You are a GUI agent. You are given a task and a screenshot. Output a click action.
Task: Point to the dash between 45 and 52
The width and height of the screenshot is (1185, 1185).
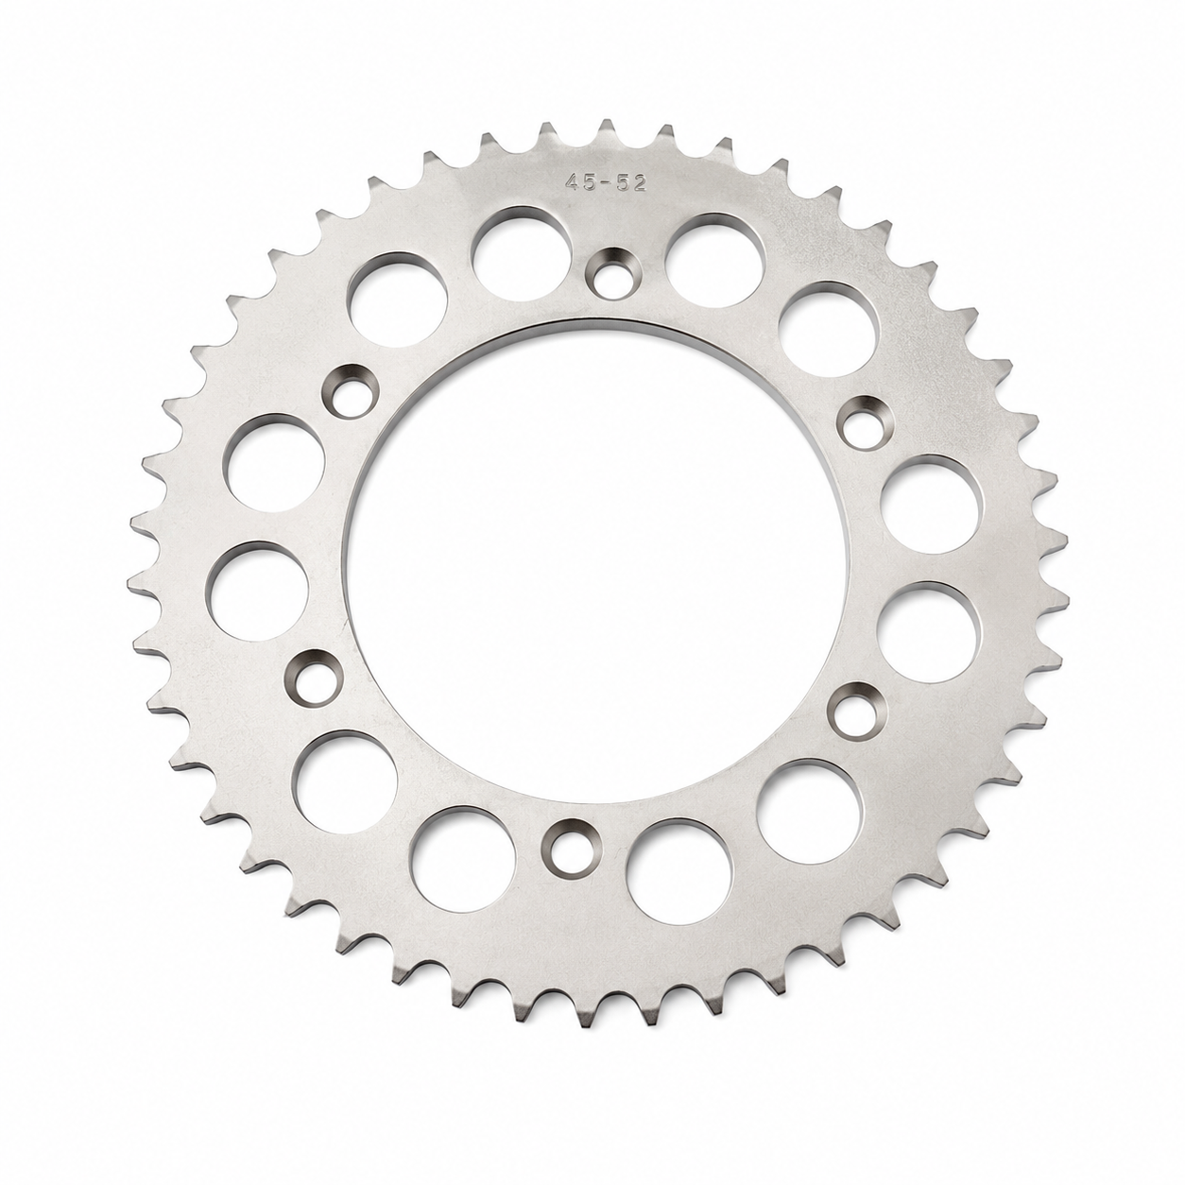[606, 184]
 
